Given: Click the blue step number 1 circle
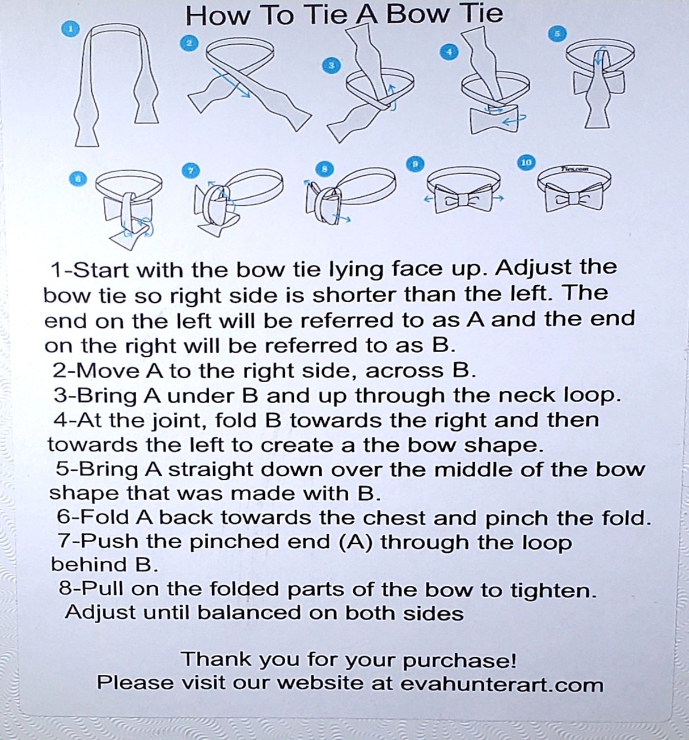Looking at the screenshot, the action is [x=71, y=28].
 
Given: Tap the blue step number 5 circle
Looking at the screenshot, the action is [x=557, y=34].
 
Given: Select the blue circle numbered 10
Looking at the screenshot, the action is [x=526, y=163].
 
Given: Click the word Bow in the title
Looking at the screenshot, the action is [x=417, y=15].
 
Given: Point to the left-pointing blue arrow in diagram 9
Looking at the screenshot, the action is [x=429, y=200].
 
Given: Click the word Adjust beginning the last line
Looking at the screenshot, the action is [x=100, y=612].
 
